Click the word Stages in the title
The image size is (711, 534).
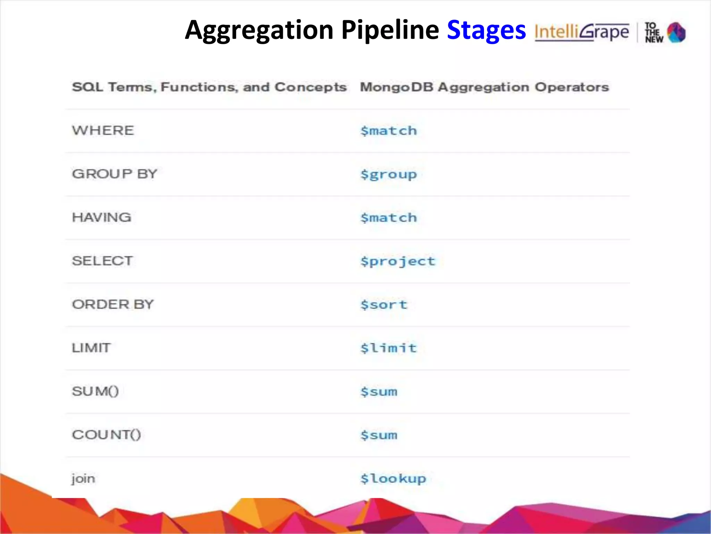click(486, 31)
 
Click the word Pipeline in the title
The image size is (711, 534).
click(390, 31)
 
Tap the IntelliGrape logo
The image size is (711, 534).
click(582, 32)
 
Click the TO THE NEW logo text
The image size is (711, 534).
click(654, 33)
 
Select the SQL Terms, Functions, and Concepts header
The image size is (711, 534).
click(209, 87)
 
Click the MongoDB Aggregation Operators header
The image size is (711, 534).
click(484, 87)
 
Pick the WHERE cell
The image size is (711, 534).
click(103, 131)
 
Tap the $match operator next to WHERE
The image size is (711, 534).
click(388, 131)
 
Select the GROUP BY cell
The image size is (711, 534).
click(115, 174)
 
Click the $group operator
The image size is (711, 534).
click(388, 175)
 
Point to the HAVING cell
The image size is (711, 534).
click(101, 218)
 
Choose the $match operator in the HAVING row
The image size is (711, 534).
click(388, 218)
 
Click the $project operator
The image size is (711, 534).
click(398, 261)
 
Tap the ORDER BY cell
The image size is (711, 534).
click(112, 305)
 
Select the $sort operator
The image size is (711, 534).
click(384, 305)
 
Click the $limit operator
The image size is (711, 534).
click(388, 348)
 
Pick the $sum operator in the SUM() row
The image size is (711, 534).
click(379, 392)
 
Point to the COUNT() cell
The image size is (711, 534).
click(106, 435)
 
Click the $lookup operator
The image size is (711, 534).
click(393, 479)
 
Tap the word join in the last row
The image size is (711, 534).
click(83, 479)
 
